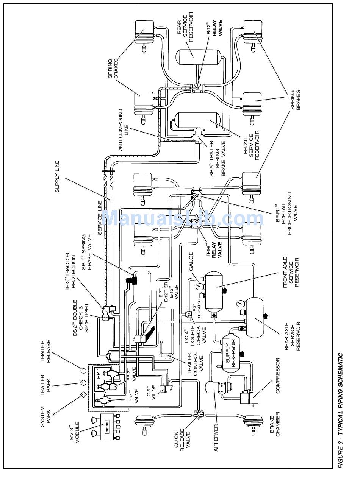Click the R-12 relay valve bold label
pos(214,28)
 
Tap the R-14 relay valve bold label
pos(214,250)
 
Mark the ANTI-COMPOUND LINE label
pos(123,130)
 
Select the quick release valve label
pos(182,435)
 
